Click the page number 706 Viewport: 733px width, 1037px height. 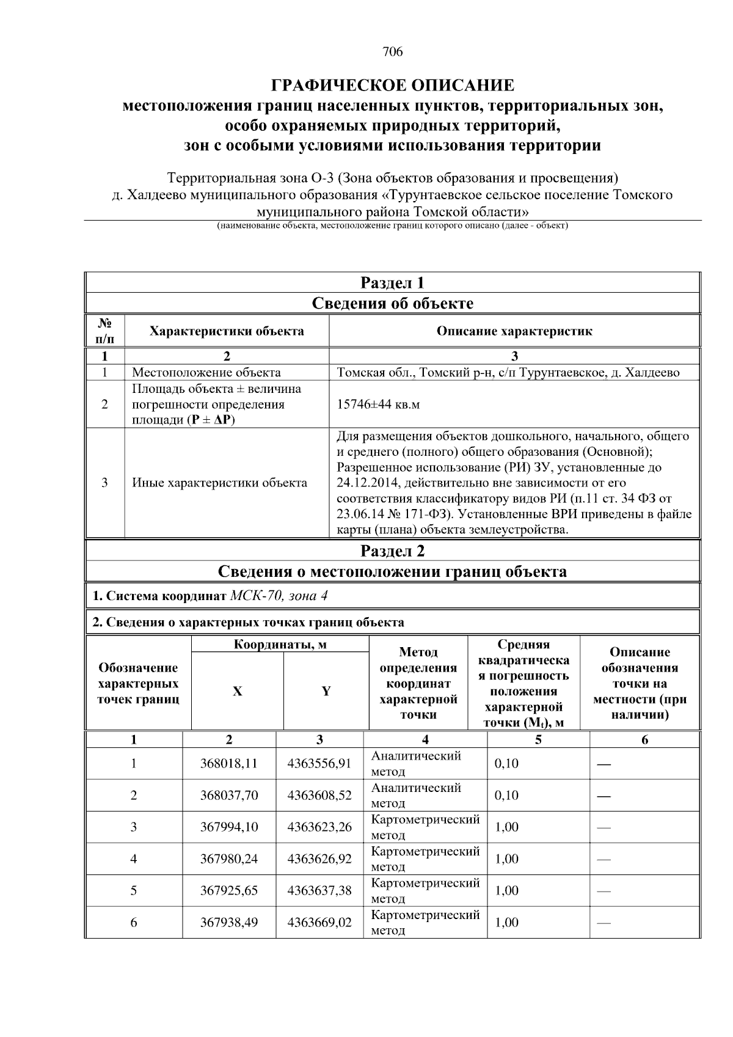pos(393,52)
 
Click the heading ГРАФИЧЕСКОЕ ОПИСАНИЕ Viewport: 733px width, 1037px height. pos(393,85)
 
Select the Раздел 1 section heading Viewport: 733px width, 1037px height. pos(392,283)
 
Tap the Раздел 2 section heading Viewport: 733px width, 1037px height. pos(392,551)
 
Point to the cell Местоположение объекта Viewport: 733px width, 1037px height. pos(206,373)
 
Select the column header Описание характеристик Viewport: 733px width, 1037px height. pos(514,331)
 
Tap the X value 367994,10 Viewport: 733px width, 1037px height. pos(229,827)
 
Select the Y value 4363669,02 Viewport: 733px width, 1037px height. pos(319,923)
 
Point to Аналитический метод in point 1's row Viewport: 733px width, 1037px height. pos(416,763)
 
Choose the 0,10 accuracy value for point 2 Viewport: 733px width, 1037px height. pos(506,796)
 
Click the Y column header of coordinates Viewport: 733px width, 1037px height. pos(326,691)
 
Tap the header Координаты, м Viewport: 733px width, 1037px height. pos(280,645)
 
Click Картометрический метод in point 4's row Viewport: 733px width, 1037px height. pos(425,859)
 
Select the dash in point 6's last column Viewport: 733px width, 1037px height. pos(604,923)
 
